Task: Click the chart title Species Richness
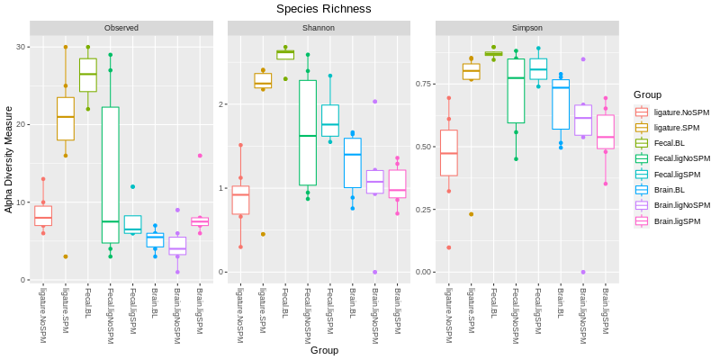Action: click(323, 9)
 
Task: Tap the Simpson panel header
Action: click(526, 28)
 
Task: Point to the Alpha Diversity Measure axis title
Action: click(9, 158)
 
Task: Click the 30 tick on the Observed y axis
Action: click(22, 47)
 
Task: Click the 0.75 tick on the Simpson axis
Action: click(422, 84)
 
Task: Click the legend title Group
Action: click(647, 94)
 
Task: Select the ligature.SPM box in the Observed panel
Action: click(65, 119)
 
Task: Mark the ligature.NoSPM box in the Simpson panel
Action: click(448, 153)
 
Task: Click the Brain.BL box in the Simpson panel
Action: click(561, 104)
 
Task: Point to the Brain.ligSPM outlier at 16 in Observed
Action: click(200, 156)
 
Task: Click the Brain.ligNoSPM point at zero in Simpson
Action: click(583, 272)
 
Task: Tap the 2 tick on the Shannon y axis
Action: click(221, 104)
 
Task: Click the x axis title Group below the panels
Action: click(324, 350)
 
